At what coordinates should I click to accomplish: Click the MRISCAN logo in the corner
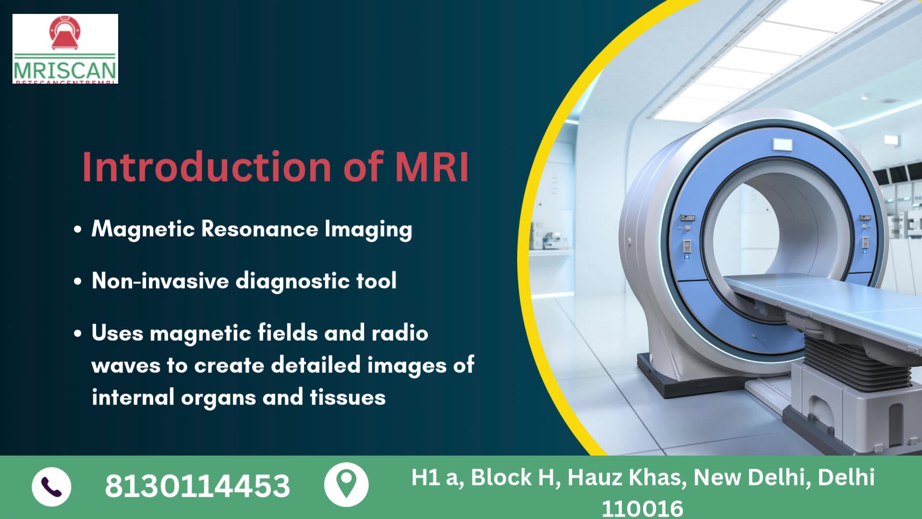pyautogui.click(x=65, y=49)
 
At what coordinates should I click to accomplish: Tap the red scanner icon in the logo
pyautogui.click(x=65, y=33)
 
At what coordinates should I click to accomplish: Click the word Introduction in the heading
pyautogui.click(x=206, y=167)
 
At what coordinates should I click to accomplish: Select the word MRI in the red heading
pyautogui.click(x=431, y=167)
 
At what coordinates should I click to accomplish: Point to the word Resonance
pyautogui.click(x=259, y=229)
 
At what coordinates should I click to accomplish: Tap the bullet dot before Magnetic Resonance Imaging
pyautogui.click(x=78, y=229)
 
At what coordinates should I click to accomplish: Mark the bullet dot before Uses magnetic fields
pyautogui.click(x=78, y=334)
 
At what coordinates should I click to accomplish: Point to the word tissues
pyautogui.click(x=347, y=397)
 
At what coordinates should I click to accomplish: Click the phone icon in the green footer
pyautogui.click(x=51, y=486)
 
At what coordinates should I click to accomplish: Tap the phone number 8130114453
pyautogui.click(x=197, y=486)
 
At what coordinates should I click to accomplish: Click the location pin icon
pyautogui.click(x=346, y=484)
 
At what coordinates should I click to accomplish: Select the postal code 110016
pyautogui.click(x=642, y=508)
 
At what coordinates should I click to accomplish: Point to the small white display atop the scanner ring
pyautogui.click(x=782, y=144)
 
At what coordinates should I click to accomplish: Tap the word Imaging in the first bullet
pyautogui.click(x=368, y=229)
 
